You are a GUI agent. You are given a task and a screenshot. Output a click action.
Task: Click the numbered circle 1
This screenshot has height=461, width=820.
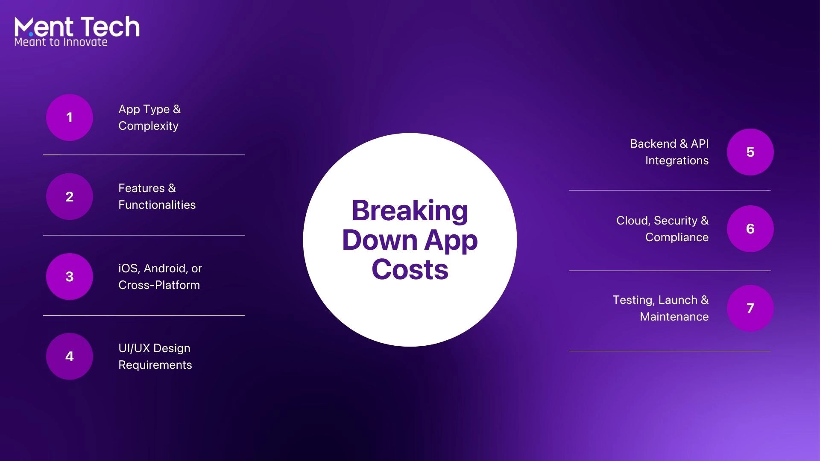coord(70,117)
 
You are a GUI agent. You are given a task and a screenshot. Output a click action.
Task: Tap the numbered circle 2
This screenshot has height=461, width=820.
coord(70,196)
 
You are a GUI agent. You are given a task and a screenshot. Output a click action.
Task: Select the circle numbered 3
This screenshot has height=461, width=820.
coord(70,277)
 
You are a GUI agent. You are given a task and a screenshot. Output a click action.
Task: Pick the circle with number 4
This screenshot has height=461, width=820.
coord(70,356)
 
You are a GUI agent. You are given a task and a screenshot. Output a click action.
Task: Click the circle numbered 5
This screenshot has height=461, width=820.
coord(750,152)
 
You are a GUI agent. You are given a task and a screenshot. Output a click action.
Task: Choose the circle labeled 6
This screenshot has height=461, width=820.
coord(750,229)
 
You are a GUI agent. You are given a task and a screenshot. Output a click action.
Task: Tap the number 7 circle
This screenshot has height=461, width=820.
coord(750,308)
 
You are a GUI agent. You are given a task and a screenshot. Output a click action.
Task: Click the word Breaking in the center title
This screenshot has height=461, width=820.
coord(410,211)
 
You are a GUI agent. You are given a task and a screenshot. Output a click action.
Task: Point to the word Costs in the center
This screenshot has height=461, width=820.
coord(410,269)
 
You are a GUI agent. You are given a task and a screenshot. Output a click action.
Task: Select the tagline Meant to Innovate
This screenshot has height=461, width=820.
coord(61,42)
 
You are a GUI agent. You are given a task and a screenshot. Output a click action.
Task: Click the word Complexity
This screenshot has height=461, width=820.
coord(149,126)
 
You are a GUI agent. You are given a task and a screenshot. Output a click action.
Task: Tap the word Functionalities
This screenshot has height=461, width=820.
coord(157,205)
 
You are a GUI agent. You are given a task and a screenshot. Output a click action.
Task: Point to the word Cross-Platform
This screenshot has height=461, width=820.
coord(159,285)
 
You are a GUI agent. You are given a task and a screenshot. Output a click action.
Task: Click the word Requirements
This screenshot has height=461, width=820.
coord(155,365)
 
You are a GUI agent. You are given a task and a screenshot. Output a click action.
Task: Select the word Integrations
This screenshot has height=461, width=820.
coord(677,161)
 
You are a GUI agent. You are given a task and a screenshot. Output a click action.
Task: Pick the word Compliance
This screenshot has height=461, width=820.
coord(677,238)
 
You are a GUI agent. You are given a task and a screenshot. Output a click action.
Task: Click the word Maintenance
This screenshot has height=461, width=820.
coord(674,317)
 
